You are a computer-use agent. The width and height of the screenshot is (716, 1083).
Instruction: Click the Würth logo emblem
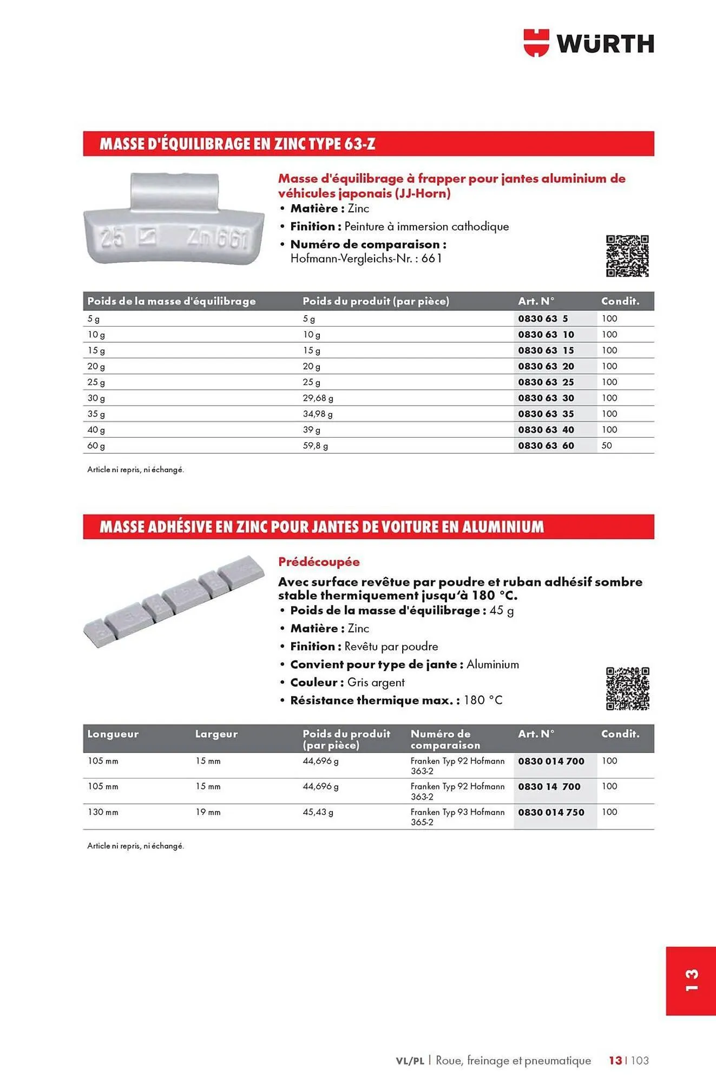point(536,43)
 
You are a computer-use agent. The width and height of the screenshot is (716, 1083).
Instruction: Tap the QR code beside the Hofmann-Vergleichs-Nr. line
point(627,256)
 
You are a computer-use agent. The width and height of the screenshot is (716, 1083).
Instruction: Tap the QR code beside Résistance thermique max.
point(627,688)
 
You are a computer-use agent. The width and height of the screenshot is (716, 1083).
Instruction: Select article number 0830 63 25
point(546,382)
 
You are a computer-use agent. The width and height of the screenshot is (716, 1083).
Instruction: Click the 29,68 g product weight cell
point(318,398)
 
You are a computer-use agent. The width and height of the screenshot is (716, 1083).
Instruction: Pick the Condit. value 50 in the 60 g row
point(607,446)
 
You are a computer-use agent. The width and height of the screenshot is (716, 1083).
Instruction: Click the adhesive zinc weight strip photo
point(174,601)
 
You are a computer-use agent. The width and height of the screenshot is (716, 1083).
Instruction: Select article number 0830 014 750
point(551,812)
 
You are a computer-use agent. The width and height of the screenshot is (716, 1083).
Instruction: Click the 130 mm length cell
point(103,812)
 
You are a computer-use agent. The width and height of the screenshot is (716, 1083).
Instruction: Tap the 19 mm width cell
point(208,812)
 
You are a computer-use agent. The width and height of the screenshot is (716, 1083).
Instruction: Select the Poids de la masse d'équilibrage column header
point(172,301)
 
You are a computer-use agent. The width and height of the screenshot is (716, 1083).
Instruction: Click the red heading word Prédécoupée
point(319,562)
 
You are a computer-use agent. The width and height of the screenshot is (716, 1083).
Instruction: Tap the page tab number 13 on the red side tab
point(691,981)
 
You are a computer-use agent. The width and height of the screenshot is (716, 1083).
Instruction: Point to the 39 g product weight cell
point(312,430)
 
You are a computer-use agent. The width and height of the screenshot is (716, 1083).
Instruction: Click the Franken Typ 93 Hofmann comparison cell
point(457,817)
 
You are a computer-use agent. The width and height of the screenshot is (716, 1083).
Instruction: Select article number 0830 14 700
point(549,787)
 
